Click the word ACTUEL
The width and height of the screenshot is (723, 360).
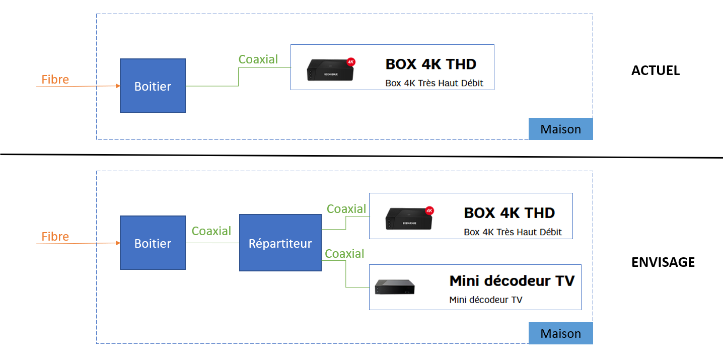pyautogui.click(x=655, y=70)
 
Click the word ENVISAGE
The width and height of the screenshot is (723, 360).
pyautogui.click(x=663, y=262)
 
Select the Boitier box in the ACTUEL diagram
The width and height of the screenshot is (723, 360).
pyautogui.click(x=153, y=86)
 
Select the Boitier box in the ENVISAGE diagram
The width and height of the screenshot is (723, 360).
pyautogui.click(x=153, y=243)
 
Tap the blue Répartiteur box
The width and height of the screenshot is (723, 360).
pyautogui.click(x=280, y=243)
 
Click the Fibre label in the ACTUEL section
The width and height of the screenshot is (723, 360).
pyautogui.click(x=55, y=79)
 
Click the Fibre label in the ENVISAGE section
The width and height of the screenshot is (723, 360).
pyautogui.click(x=55, y=236)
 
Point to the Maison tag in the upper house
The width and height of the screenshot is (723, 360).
pyautogui.click(x=560, y=129)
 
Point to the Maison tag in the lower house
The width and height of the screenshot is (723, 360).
pyautogui.click(x=560, y=333)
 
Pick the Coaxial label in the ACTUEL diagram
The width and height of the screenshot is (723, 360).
pyautogui.click(x=258, y=59)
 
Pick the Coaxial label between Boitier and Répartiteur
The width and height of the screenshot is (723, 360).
pyautogui.click(x=211, y=231)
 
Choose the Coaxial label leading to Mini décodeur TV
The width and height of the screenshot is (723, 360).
pyautogui.click(x=344, y=254)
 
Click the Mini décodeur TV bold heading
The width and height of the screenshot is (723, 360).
pyautogui.click(x=512, y=280)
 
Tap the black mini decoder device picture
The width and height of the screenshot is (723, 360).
pyautogui.click(x=395, y=287)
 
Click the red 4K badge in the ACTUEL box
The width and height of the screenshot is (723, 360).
pyautogui.click(x=351, y=62)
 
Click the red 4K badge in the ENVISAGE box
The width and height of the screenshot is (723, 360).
pyautogui.click(x=429, y=210)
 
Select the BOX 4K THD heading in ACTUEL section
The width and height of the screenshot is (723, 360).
pyautogui.click(x=430, y=64)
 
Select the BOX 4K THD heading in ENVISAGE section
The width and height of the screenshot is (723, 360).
pyautogui.click(x=509, y=213)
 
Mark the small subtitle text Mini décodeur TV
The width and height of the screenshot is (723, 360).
pyautogui.click(x=485, y=300)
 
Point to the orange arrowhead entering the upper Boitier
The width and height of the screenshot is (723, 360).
pyautogui.click(x=118, y=86)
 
